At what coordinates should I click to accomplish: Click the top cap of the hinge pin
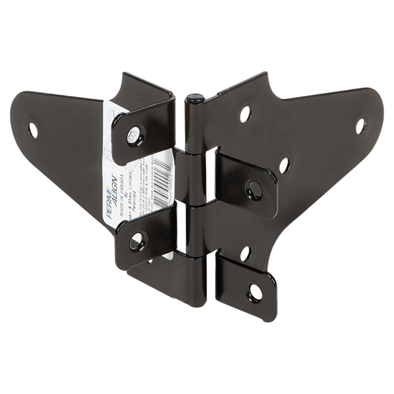tap(195, 98)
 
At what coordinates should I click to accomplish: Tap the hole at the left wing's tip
tap(33, 129)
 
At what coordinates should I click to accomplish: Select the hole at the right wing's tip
tap(361, 126)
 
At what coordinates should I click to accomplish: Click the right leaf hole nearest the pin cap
tap(245, 113)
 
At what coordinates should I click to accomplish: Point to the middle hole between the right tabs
tap(284, 165)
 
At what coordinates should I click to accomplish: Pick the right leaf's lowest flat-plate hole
tap(245, 253)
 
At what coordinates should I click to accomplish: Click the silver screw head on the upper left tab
tap(134, 136)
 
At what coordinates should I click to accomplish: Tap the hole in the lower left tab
tap(137, 241)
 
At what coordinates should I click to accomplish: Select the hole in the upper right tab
tap(254, 189)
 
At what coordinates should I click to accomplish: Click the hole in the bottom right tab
tap(255, 293)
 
